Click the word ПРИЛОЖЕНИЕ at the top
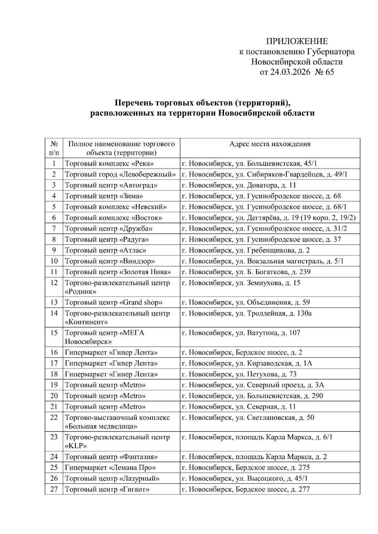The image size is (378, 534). tap(297, 41)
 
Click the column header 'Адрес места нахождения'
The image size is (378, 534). tap(270, 144)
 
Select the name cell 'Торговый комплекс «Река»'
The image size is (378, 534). tap(109, 164)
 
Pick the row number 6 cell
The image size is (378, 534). tap(54, 218)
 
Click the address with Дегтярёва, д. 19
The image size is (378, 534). tap(269, 218)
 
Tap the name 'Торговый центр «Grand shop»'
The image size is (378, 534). tap(114, 302)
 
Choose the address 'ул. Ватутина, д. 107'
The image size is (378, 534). tap(241, 333)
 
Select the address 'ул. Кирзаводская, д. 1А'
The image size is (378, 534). tap(247, 363)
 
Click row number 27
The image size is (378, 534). tap(54, 489)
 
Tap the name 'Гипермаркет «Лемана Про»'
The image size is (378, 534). tap(110, 468)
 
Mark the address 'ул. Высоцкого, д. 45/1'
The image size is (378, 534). tap(244, 478)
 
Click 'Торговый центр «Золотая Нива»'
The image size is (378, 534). tap(118, 272)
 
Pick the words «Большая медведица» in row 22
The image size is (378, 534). tap(101, 426)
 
